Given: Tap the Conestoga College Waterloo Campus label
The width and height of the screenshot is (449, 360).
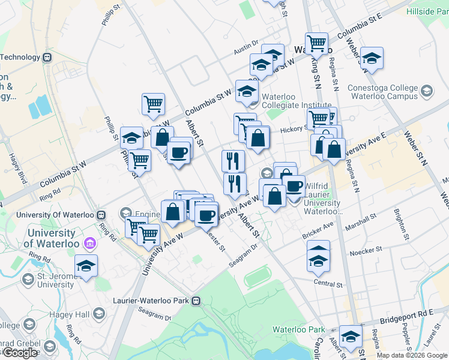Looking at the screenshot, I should [382, 92].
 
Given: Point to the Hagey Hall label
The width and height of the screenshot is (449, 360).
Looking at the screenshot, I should [74, 314].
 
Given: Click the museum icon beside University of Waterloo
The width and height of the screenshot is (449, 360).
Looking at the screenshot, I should [90, 243].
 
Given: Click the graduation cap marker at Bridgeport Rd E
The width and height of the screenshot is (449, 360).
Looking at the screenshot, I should [351, 336].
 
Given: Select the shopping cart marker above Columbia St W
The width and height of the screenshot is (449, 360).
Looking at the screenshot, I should [153, 103].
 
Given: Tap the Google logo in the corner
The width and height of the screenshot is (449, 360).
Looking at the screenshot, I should [20, 353].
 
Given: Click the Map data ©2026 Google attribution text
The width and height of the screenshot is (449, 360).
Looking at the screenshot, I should [412, 355].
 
